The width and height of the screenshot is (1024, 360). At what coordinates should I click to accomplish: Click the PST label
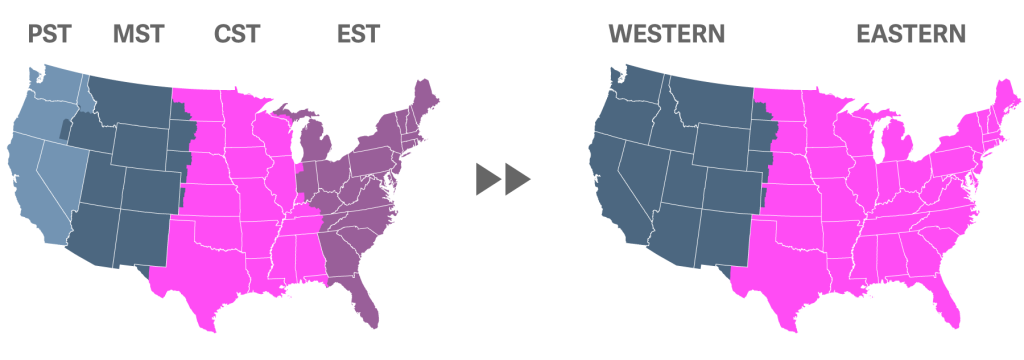click(x=49, y=34)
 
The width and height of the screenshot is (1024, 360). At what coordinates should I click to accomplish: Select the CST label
click(x=237, y=34)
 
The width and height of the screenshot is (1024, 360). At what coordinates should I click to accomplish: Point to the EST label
click(x=358, y=34)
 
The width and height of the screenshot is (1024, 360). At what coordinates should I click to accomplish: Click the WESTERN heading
click(x=666, y=34)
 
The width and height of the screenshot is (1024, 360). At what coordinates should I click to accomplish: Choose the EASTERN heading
click(x=910, y=34)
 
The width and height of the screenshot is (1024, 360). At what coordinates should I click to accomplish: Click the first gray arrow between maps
click(x=489, y=180)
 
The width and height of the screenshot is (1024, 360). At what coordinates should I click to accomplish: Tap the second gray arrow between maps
click(x=517, y=180)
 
